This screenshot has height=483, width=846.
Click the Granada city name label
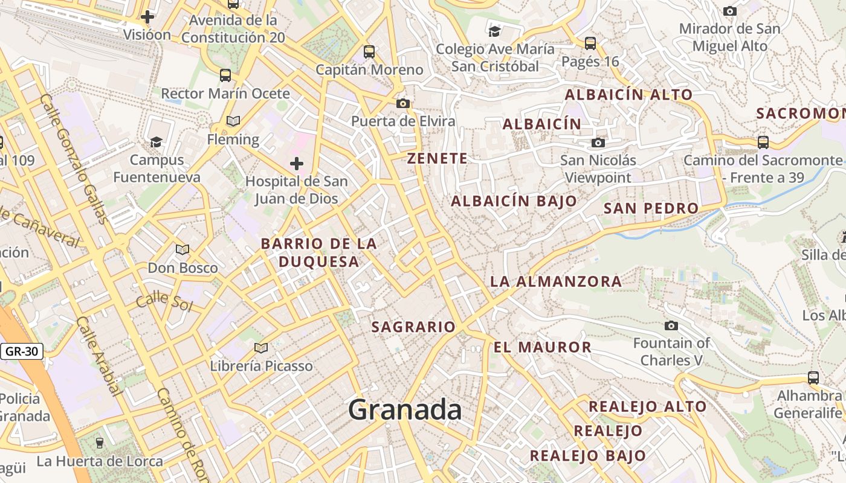click(405, 411)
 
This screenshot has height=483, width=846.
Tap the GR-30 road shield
click(22, 351)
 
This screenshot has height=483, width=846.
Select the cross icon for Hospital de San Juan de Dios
click(297, 163)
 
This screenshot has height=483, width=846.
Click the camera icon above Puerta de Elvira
click(403, 103)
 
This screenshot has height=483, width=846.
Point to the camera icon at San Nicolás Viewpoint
click(598, 142)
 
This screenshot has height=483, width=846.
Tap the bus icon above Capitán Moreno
click(369, 52)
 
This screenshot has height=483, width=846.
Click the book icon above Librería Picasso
click(261, 348)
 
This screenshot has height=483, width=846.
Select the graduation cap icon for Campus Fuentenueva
click(157, 142)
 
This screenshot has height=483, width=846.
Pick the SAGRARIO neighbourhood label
click(413, 327)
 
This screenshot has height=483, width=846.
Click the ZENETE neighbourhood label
click(438, 159)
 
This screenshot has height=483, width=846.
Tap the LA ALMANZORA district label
click(555, 281)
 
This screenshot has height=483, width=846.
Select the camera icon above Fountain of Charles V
click(671, 326)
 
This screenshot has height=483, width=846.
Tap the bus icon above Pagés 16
click(590, 43)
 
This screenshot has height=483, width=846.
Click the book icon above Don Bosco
click(182, 249)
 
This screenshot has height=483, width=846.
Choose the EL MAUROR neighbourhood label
click(543, 347)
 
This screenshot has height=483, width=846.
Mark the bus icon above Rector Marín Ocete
click(225, 75)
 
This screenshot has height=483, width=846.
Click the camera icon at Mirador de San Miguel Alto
click(730, 11)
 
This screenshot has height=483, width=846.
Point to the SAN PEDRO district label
click(651, 208)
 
